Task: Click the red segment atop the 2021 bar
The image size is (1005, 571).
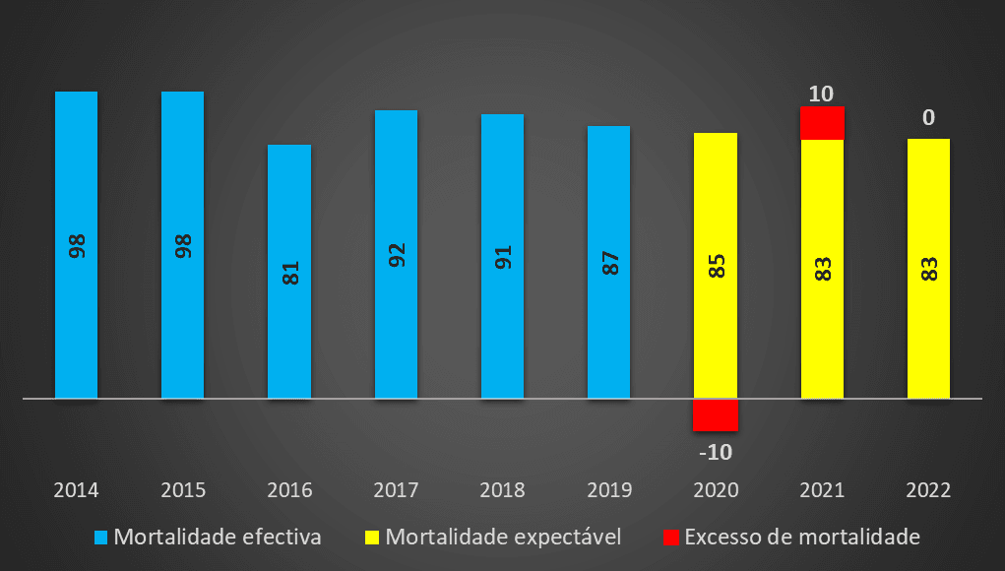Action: click(822, 123)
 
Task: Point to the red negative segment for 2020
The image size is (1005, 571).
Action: click(715, 414)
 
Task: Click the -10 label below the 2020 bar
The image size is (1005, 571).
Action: click(715, 453)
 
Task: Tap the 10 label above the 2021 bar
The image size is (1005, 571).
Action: click(821, 95)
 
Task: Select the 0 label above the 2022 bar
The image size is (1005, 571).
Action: click(928, 118)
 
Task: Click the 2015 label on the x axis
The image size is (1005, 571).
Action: click(183, 490)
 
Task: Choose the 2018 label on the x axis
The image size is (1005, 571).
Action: click(503, 490)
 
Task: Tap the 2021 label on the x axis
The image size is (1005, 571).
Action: click(822, 490)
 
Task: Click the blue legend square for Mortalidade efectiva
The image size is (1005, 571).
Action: click(100, 538)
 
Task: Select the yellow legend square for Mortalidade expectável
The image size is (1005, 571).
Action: click(372, 538)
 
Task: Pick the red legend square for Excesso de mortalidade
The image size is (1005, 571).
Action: click(670, 538)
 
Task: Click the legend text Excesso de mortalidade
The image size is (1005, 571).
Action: click(801, 538)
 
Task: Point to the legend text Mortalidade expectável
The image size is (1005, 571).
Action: click(503, 538)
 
